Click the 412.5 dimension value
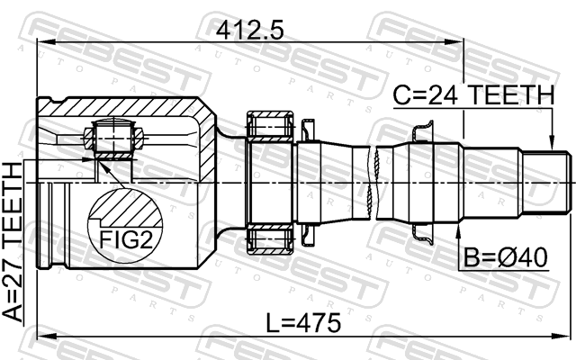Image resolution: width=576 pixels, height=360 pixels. pos(249,30)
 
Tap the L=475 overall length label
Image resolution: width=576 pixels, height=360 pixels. pos(303,323)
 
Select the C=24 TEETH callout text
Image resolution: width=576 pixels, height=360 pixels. pos(473,94)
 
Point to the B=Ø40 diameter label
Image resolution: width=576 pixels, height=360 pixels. pos(506,257)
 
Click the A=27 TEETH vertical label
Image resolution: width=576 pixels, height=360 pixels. pos(13,242)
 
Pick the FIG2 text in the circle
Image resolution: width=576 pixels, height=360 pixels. pos(126,240)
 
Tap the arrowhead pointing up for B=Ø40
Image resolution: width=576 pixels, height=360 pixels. pos(458,230)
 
